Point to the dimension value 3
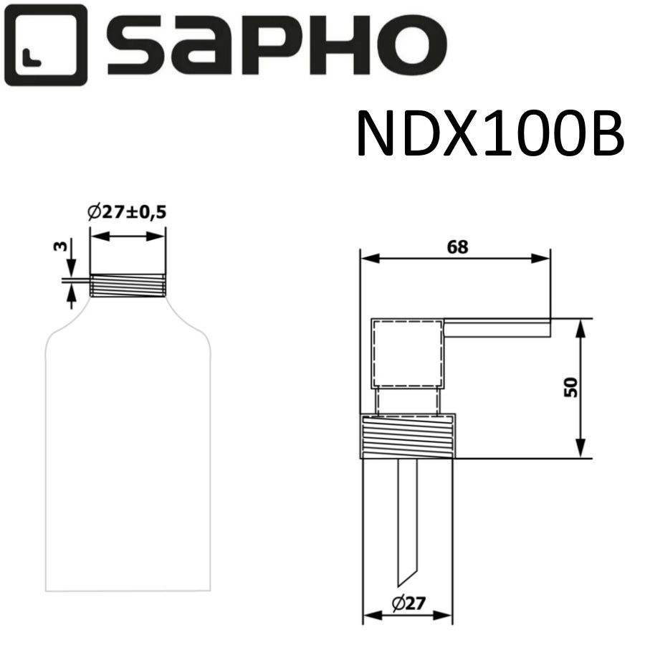tap(59, 247)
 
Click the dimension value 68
tap(457, 247)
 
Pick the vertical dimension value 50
tap(570, 388)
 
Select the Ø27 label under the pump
tap(411, 603)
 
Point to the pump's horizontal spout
tap(497, 328)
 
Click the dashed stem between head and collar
tap(406, 400)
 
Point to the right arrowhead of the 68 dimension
tap(544, 259)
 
